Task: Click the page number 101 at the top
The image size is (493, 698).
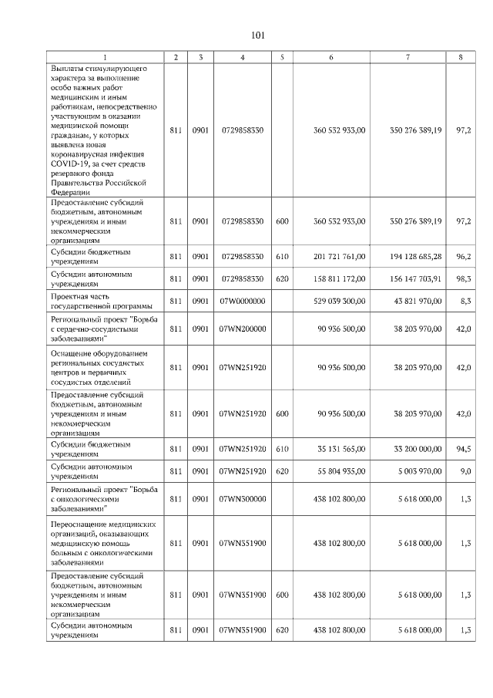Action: tap(258, 35)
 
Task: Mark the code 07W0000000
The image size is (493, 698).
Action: tap(243, 301)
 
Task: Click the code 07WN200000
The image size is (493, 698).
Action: tap(243, 329)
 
